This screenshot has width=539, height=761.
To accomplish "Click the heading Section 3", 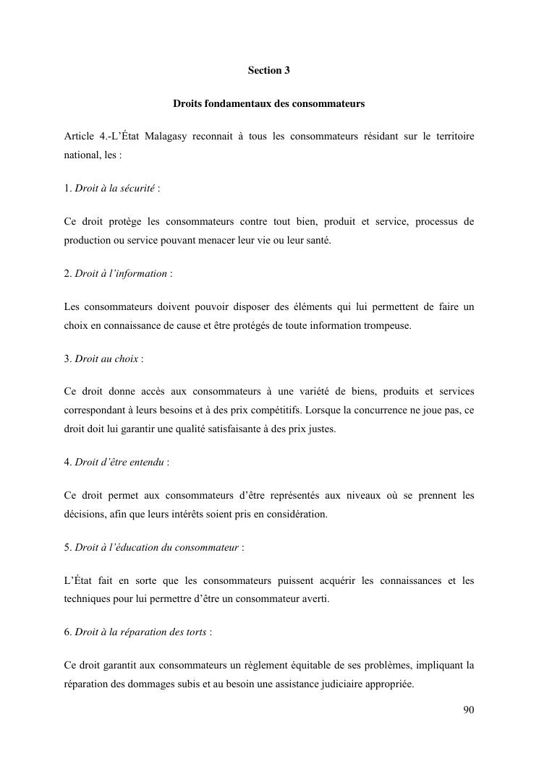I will point(268,70).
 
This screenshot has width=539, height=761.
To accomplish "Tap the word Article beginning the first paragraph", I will point(79,137).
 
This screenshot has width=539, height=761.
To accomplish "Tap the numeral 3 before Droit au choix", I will point(67,358).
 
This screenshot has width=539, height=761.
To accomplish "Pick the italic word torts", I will point(195,632).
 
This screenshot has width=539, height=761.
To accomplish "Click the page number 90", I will point(468,710).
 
